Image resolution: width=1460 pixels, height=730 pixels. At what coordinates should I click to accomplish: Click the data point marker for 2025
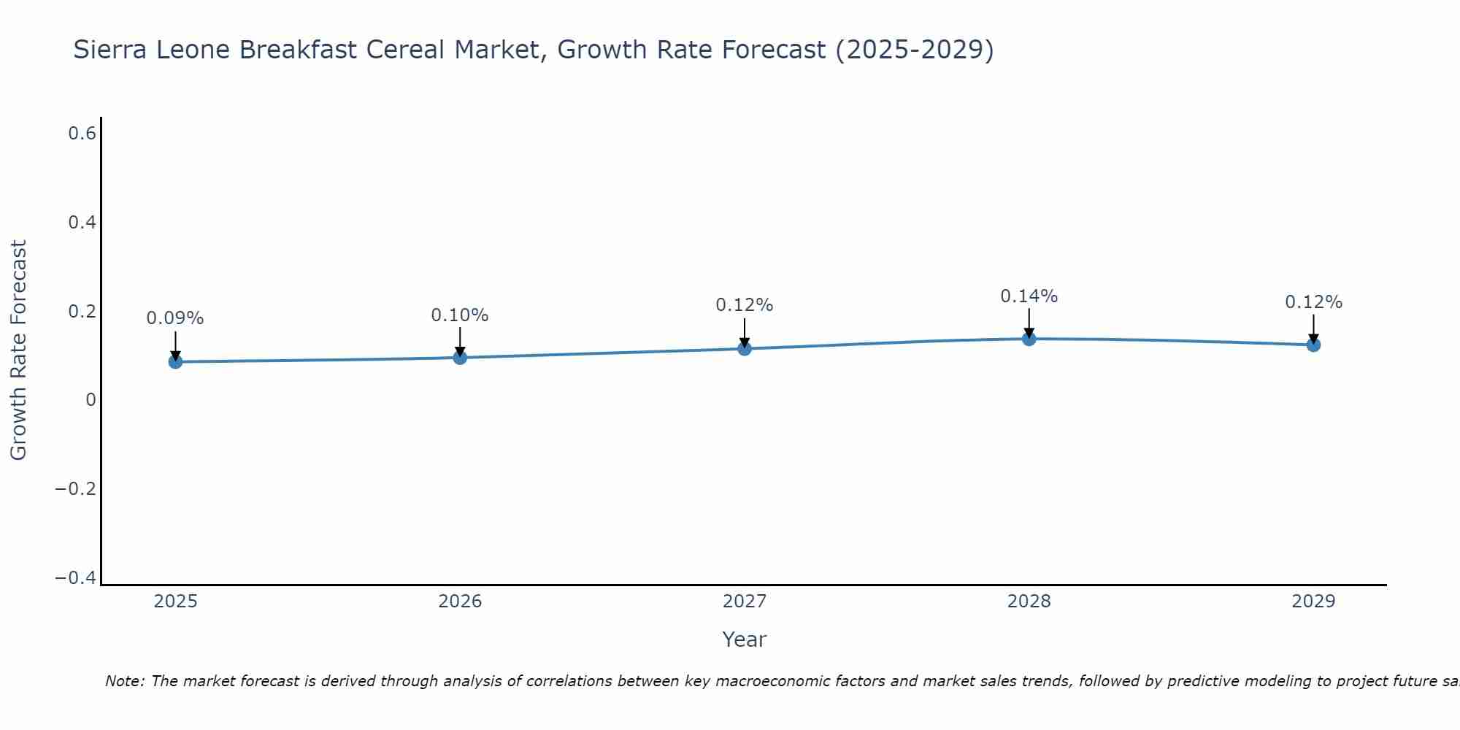click(x=175, y=361)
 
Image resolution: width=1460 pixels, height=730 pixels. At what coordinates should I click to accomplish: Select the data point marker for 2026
click(x=460, y=357)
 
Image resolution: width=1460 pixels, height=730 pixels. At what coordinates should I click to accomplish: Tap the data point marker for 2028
click(x=1029, y=339)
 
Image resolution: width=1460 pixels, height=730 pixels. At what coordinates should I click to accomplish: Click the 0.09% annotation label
click(x=175, y=318)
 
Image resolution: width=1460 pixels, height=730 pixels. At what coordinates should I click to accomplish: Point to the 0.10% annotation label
click(x=460, y=315)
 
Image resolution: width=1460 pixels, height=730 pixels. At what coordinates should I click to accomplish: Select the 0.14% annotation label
click(x=1029, y=296)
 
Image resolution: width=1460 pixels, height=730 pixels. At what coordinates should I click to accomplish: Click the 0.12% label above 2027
click(x=745, y=305)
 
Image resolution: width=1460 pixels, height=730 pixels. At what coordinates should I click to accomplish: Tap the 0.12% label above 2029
click(x=1313, y=302)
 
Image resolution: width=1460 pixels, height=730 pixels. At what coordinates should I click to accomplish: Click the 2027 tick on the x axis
click(x=745, y=602)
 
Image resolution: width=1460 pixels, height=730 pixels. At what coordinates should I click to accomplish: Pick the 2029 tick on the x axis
click(x=1313, y=602)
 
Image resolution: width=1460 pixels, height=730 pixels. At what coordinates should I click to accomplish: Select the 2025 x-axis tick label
click(x=175, y=602)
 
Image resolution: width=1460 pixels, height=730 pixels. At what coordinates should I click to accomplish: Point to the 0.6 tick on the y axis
click(x=82, y=134)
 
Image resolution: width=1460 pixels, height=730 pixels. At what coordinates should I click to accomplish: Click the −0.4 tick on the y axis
click(x=76, y=578)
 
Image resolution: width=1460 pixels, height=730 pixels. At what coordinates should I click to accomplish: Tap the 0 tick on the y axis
click(x=91, y=400)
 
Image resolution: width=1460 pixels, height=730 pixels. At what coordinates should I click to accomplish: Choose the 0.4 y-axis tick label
click(x=82, y=223)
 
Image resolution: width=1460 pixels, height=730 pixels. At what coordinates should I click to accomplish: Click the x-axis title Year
click(x=744, y=639)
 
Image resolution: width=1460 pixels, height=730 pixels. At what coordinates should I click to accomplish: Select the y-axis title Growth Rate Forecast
click(x=18, y=350)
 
